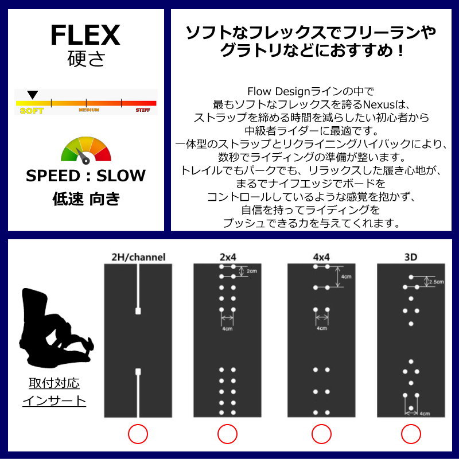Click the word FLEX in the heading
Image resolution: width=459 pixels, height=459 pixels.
pyautogui.click(x=85, y=36)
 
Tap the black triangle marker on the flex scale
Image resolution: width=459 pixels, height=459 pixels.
pyautogui.click(x=33, y=94)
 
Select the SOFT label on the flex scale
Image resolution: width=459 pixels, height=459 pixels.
pyautogui.click(x=31, y=110)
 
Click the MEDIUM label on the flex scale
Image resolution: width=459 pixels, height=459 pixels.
pyautogui.click(x=89, y=110)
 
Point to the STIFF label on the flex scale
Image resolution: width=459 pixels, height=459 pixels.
pyautogui.click(x=142, y=110)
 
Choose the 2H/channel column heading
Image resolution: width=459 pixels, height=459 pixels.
pyautogui.click(x=138, y=257)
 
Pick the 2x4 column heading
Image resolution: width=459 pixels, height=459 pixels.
pyautogui.click(x=227, y=257)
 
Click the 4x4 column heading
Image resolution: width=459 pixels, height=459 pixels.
pyautogui.click(x=321, y=257)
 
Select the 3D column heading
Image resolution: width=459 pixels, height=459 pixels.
pyautogui.click(x=411, y=257)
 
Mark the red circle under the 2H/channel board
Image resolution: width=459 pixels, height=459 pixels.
pyautogui.click(x=138, y=434)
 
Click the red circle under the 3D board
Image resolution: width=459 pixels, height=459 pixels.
pyautogui.click(x=411, y=434)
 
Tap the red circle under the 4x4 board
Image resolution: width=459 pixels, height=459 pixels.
pyautogui.click(x=321, y=434)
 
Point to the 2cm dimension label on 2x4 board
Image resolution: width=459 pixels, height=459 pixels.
pyautogui.click(x=252, y=271)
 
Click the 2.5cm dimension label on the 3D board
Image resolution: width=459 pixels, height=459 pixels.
pyautogui.click(x=436, y=281)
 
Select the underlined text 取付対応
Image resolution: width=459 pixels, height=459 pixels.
pyautogui.click(x=54, y=383)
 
